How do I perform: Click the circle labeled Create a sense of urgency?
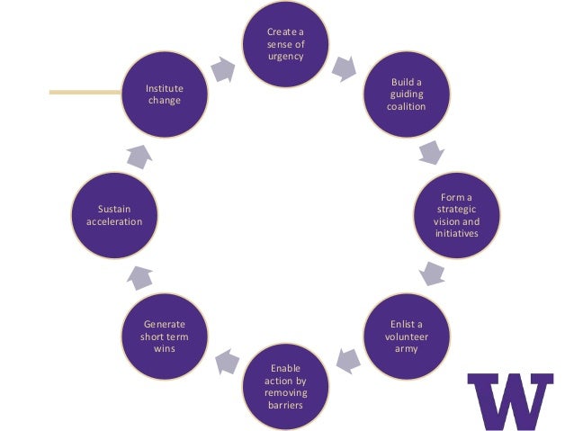pyautogui.click(x=286, y=45)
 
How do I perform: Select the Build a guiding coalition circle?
pyautogui.click(x=406, y=94)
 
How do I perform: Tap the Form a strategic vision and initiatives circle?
pyautogui.click(x=456, y=215)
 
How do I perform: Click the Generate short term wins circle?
pyautogui.click(x=165, y=336)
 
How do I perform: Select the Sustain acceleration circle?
pyautogui.click(x=114, y=215)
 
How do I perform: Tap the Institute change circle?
pyautogui.click(x=165, y=94)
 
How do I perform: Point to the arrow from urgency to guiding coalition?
pyautogui.click(x=344, y=66)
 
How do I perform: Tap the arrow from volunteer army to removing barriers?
pyautogui.click(x=348, y=362)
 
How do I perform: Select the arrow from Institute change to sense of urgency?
pyautogui.click(x=222, y=67)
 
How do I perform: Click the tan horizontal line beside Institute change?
pyautogui.click(x=85, y=91)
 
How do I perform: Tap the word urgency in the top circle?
pyautogui.click(x=286, y=57)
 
